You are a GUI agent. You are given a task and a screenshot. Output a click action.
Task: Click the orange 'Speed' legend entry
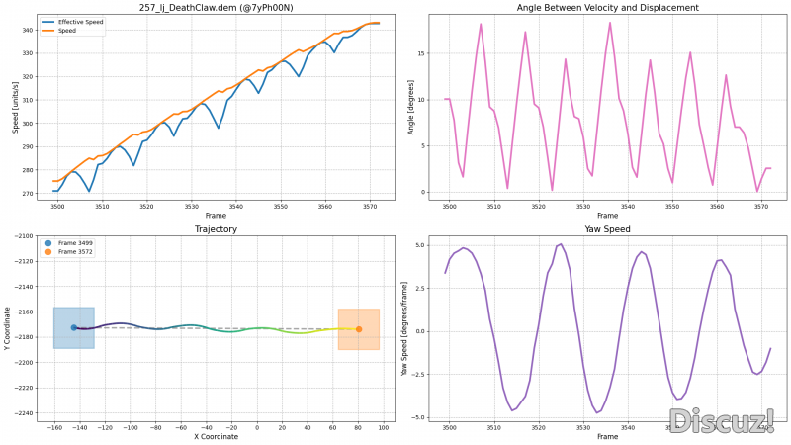(x=67, y=31)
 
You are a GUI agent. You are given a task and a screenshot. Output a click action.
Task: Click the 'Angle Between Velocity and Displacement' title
(x=607, y=8)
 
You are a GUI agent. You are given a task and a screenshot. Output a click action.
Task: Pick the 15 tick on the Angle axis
(x=420, y=53)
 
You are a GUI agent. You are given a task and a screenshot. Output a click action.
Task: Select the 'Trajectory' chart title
(x=216, y=229)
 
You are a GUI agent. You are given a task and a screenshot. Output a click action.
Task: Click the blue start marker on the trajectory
(x=73, y=327)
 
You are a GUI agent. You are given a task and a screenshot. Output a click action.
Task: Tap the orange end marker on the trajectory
(x=359, y=329)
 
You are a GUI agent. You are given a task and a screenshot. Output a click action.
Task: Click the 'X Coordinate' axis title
(x=216, y=436)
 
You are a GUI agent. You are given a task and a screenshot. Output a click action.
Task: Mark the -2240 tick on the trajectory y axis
(x=22, y=413)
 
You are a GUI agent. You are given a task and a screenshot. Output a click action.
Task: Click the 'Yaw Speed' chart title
(x=607, y=229)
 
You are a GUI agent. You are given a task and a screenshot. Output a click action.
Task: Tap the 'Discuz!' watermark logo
(x=721, y=421)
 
